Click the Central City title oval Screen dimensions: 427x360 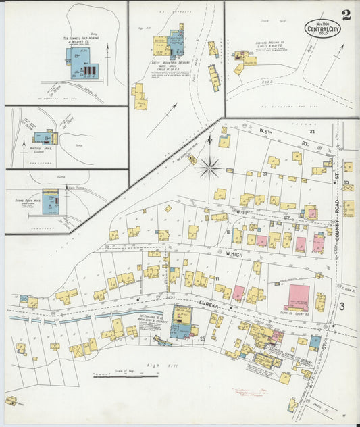[x=322, y=28]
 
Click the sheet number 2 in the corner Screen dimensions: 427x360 [x=345, y=16]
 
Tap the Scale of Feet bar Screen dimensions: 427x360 [x=117, y=375]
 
